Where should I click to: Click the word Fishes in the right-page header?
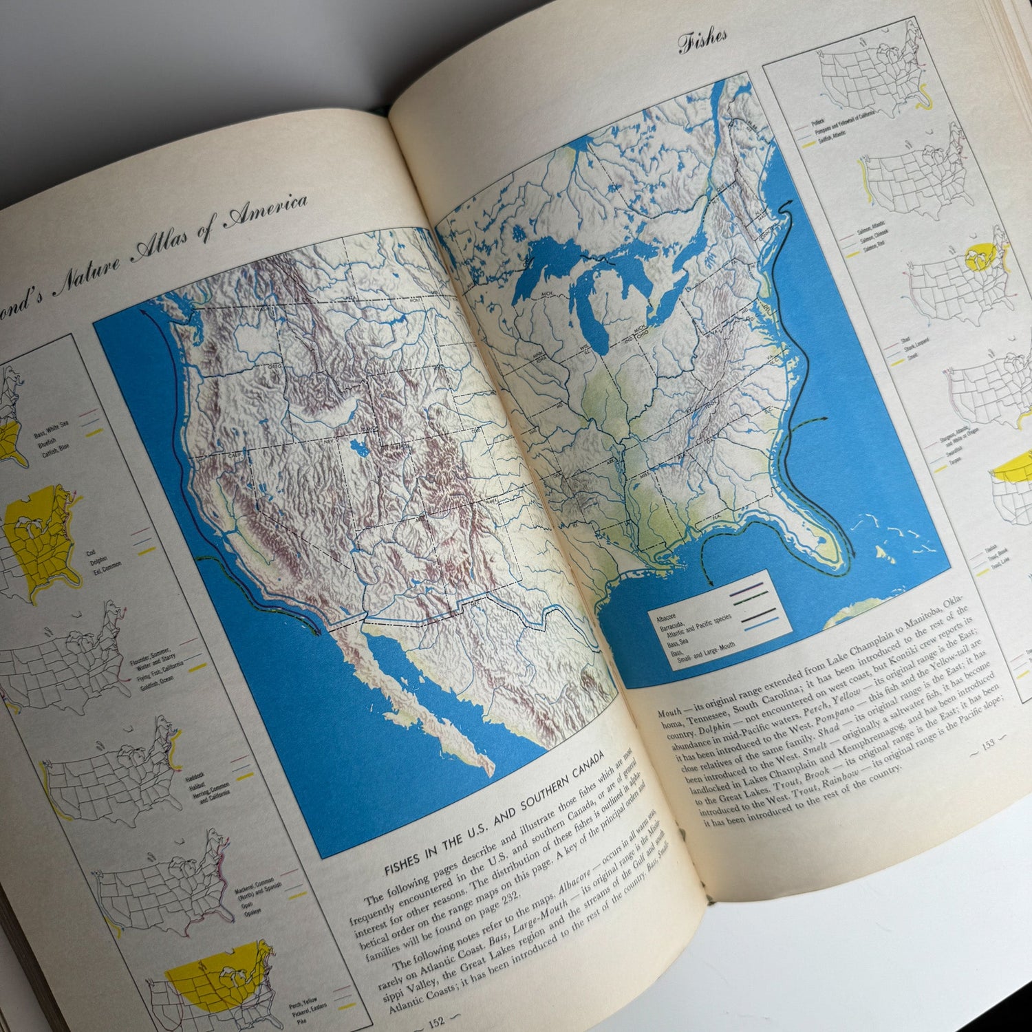702,39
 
